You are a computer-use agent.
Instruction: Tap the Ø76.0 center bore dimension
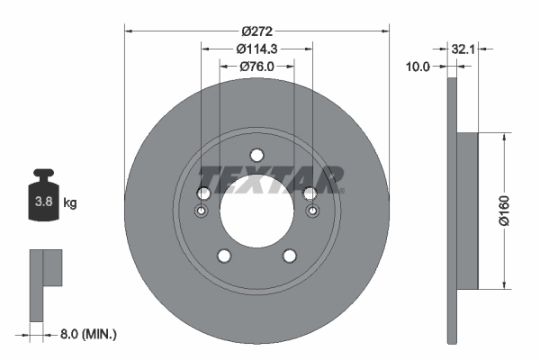pos(257,67)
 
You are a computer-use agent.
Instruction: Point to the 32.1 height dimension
pos(463,48)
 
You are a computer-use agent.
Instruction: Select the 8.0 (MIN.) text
pos(86,334)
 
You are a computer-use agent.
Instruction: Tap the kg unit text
pos(69,203)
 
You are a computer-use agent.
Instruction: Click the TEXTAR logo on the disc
pos(270,180)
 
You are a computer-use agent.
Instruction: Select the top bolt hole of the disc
pos(256,153)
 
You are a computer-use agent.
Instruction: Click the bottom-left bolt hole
pos(223,256)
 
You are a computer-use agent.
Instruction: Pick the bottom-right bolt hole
pos(290,256)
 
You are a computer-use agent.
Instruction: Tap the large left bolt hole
pos(202,193)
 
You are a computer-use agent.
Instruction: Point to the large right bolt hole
pos(311,193)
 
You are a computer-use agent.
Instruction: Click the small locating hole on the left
pos(202,212)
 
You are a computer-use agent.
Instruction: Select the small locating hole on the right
pos(311,212)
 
